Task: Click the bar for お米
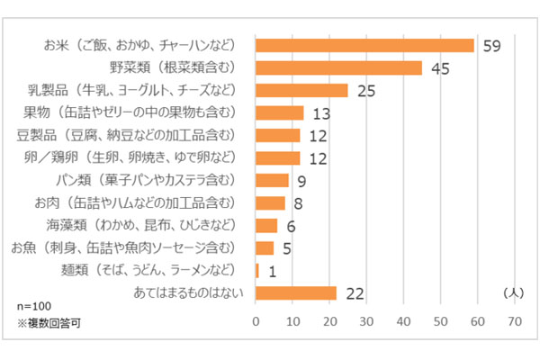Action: click(364, 45)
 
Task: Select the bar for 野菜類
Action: click(338, 67)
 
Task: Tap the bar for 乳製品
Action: click(301, 90)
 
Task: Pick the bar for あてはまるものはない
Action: click(296, 293)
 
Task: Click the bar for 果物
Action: click(280, 112)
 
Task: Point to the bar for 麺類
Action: click(257, 270)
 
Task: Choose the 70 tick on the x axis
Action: click(515, 319)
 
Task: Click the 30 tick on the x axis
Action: click(367, 319)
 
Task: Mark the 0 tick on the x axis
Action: click(256, 319)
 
